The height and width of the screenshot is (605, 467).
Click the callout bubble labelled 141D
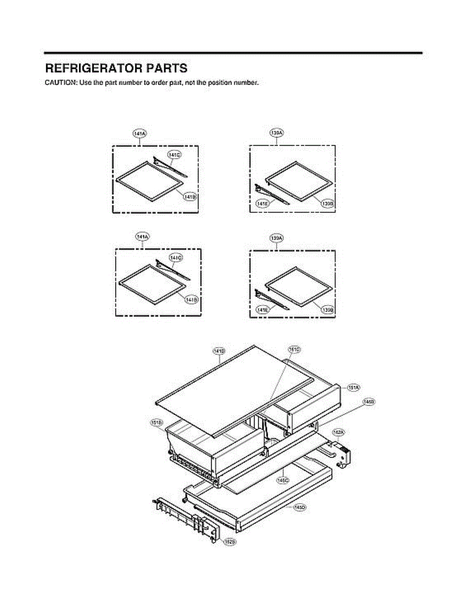click(x=219, y=350)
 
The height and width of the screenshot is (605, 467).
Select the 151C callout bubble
click(x=294, y=349)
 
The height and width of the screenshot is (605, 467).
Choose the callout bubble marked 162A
click(x=338, y=432)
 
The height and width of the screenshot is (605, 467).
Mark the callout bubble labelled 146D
click(x=300, y=507)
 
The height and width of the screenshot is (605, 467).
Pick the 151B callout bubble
click(x=156, y=422)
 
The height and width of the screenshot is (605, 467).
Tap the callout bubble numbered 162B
click(x=229, y=542)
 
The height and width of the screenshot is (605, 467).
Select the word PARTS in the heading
click(x=165, y=68)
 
